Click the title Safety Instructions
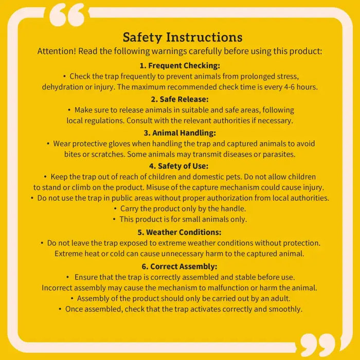point(183,38)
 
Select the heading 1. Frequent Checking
point(179,65)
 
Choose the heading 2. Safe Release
point(179,99)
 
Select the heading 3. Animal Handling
point(179,132)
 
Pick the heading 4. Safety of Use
point(179,166)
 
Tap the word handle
point(233,208)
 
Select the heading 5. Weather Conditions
point(179,232)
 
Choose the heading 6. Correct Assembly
point(179,266)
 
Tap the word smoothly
point(286,309)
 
